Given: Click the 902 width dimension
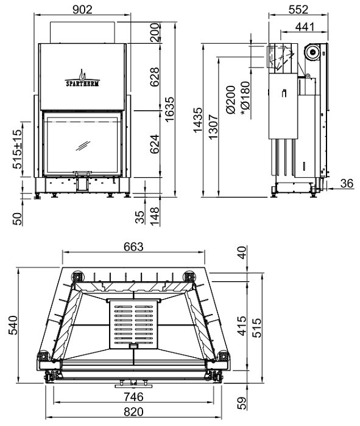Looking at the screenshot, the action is pos(83,10).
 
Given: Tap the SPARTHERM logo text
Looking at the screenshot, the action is pos(83,83).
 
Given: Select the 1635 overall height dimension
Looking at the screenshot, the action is pos(169,110).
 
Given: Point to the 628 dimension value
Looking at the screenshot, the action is pos(155,77).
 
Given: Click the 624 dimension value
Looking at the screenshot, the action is pos(155,144).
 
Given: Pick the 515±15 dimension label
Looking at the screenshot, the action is pos(17,149).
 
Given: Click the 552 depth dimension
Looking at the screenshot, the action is pos(298,10).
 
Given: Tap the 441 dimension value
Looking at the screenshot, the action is pos(305,27).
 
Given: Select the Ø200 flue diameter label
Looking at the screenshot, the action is pos(231,100).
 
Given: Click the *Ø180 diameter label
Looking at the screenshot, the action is pos(245,99).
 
